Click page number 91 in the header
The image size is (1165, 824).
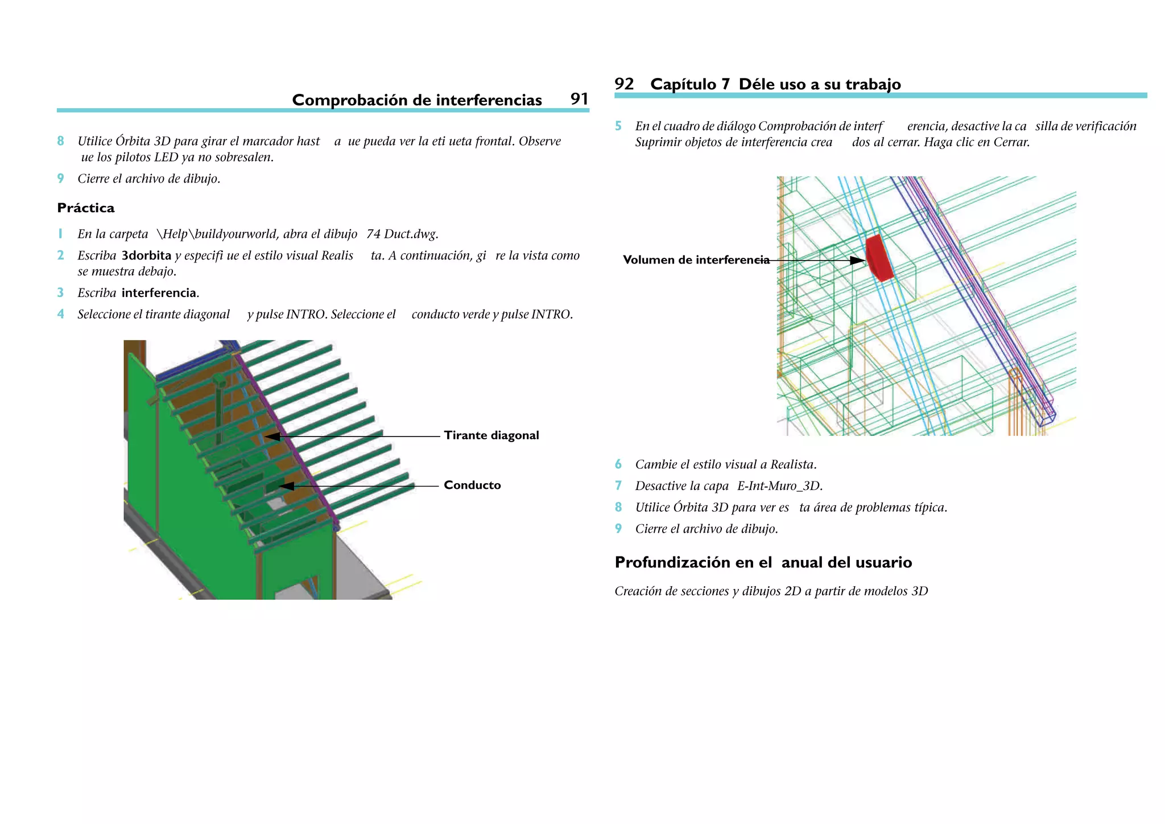579,99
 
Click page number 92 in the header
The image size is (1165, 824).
624,84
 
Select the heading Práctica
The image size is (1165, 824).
86,208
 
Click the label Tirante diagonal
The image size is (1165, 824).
491,435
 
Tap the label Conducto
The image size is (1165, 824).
472,485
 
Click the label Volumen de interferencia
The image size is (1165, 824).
696,260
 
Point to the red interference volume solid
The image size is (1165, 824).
879,258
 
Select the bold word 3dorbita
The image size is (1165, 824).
146,256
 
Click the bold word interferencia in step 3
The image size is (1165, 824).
159,293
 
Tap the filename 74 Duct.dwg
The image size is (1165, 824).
402,234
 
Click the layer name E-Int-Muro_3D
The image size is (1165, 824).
779,486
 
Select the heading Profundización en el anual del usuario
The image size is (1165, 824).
763,562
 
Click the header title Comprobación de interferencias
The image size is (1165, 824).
416,100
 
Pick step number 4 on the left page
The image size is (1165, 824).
60,314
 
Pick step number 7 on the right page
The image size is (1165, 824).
618,486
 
